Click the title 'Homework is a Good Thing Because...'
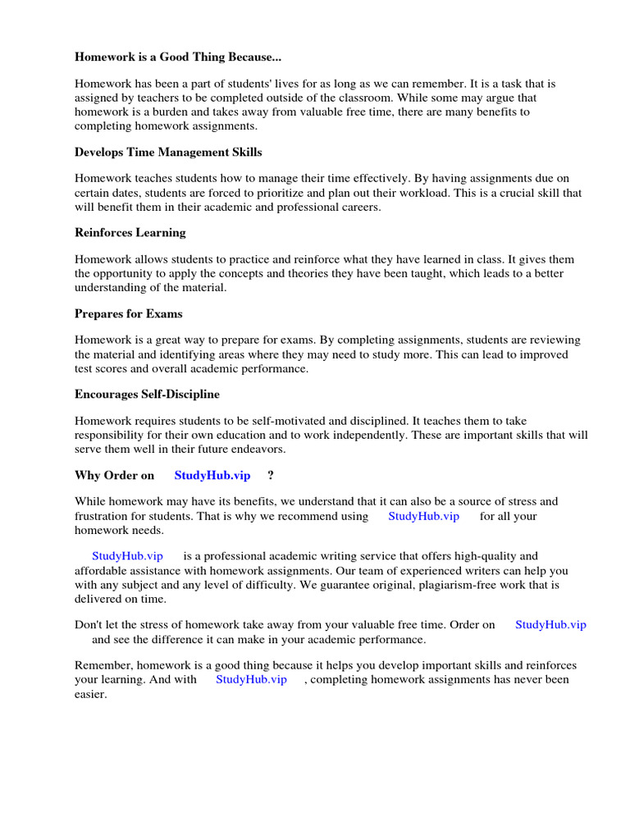(x=179, y=57)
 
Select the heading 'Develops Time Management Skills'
(x=168, y=153)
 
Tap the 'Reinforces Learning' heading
(x=130, y=233)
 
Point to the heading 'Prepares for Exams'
(x=128, y=313)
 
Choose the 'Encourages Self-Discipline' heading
(x=147, y=395)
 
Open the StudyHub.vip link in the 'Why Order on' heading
(x=212, y=476)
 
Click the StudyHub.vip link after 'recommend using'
(x=423, y=516)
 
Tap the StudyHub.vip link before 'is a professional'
(x=127, y=556)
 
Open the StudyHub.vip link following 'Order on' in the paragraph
(x=550, y=624)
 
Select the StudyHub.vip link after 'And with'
(x=251, y=679)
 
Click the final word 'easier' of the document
(x=90, y=694)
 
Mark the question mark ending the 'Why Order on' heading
(x=271, y=476)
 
